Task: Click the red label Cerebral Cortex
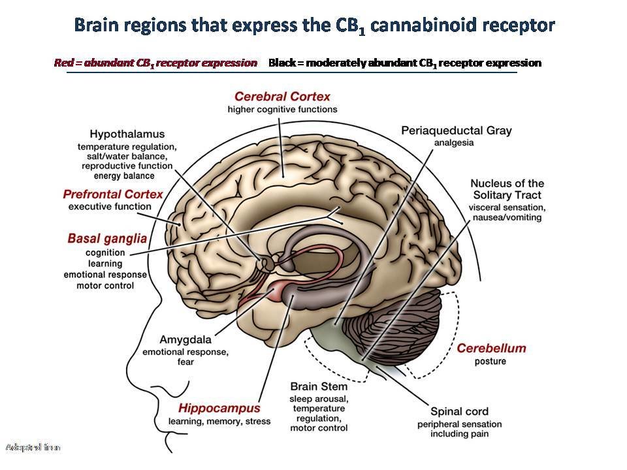click(282, 97)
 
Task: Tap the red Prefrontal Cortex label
click(113, 195)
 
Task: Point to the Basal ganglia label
click(107, 238)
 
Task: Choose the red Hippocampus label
click(219, 409)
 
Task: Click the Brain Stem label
click(319, 386)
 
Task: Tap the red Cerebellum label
click(491, 348)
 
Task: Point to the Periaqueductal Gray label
click(457, 131)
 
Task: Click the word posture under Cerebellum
click(490, 362)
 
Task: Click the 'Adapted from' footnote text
click(33, 448)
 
